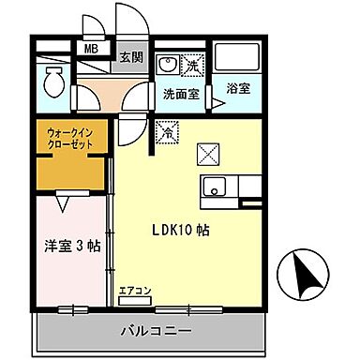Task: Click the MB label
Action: coord(92,48)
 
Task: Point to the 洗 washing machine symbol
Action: coord(191,67)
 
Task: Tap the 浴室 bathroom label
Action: coord(238,89)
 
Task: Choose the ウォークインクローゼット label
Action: coord(68,142)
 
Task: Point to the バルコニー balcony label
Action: coord(156,331)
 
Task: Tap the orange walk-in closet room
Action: coord(69,169)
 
